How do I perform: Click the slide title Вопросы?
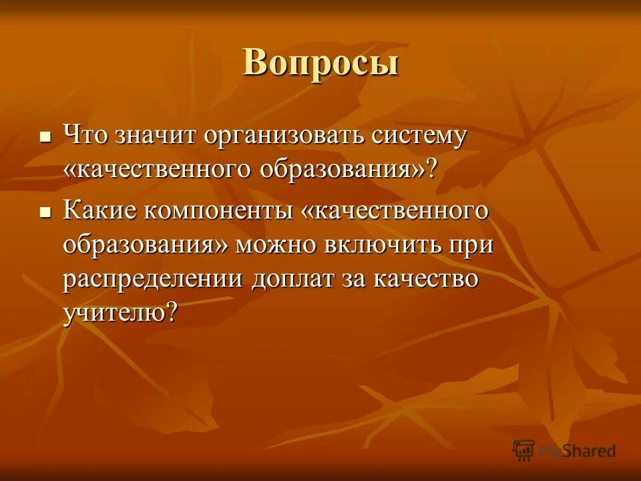(320, 64)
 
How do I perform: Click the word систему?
(416, 136)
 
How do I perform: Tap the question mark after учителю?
(172, 312)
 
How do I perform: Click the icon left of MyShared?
(524, 450)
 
